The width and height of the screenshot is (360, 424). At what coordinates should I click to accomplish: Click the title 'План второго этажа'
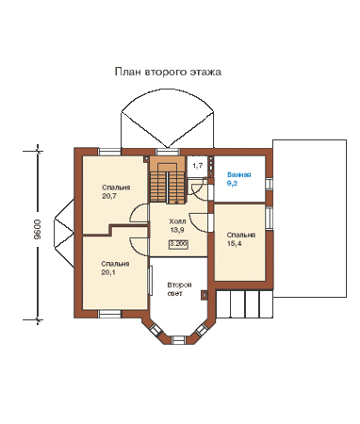pos(168,72)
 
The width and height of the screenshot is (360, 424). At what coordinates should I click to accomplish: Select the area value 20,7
pos(109,196)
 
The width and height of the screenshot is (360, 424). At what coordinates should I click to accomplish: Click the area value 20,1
pos(108,272)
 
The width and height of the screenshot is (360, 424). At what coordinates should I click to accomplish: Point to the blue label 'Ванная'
pos(239,175)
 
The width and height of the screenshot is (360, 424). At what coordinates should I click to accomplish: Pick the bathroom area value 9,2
pos(232,184)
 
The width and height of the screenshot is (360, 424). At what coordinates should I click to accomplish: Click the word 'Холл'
pos(177,221)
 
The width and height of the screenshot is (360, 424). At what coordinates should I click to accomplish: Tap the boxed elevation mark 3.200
pos(178,244)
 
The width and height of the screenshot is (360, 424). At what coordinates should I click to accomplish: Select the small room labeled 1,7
pos(197,166)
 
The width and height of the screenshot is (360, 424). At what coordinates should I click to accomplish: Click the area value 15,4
pos(234,243)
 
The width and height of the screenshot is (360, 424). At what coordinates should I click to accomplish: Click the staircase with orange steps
pos(167,181)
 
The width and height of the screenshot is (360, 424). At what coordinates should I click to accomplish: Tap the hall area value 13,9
pos(177,230)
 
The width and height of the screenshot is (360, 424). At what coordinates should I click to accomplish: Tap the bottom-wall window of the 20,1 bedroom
pos(109,314)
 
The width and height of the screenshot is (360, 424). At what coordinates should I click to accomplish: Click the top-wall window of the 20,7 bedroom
pos(109,152)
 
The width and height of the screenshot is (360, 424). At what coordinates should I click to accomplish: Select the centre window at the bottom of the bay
pos(179,340)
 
